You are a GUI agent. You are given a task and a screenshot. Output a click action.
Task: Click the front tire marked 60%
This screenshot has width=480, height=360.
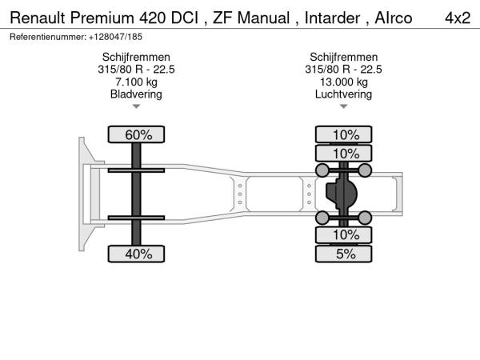[136, 134]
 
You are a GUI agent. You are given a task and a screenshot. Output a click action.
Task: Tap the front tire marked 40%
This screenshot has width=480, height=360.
[136, 254]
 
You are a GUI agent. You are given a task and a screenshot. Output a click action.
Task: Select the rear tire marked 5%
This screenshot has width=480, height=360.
[343, 254]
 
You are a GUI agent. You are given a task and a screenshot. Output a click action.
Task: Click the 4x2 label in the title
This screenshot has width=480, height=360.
[458, 18]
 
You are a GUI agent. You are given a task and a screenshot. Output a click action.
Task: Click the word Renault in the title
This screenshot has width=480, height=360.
[38, 18]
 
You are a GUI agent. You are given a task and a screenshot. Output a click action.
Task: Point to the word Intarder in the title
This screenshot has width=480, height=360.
[332, 18]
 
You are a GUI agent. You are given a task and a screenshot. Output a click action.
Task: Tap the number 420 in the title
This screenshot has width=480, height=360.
[152, 18]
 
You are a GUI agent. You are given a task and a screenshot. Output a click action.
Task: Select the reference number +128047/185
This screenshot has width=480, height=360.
[115, 37]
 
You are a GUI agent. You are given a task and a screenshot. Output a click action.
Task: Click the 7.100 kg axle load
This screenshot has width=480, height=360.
[136, 82]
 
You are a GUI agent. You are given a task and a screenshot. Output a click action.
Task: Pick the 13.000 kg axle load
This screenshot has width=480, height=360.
[344, 82]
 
